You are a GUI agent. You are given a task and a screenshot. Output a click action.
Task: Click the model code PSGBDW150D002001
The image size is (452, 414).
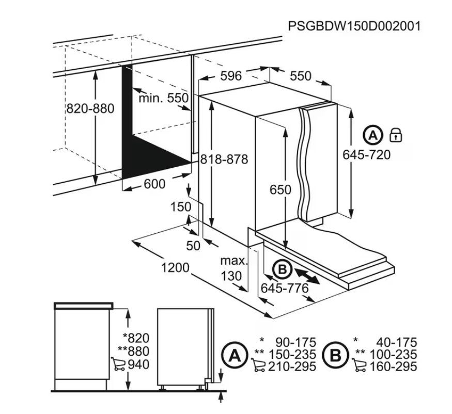(x=354, y=26)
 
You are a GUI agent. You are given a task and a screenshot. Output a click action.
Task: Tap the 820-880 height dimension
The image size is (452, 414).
(x=90, y=108)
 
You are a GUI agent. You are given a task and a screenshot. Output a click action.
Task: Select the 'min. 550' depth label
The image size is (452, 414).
(x=163, y=98)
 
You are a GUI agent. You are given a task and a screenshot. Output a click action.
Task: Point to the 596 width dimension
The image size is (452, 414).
(x=230, y=76)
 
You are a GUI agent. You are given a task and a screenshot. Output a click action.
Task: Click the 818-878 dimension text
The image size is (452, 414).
(x=224, y=159)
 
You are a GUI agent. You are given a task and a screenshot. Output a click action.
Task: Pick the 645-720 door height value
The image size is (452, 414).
(x=366, y=155)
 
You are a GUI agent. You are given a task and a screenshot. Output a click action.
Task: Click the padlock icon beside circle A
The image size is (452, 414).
(x=396, y=135)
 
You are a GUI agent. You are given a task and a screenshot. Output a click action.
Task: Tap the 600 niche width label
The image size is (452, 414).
(x=154, y=184)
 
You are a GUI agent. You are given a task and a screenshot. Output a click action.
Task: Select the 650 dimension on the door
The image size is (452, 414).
(x=280, y=189)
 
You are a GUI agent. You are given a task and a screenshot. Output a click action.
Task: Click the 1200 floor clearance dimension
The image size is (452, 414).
(x=175, y=268)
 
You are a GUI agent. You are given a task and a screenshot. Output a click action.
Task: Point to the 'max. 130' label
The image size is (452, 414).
(x=233, y=268)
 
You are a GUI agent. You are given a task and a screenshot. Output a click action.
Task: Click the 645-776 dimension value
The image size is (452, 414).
(x=285, y=288)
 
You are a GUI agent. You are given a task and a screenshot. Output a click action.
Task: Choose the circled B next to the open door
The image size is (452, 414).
(x=283, y=269)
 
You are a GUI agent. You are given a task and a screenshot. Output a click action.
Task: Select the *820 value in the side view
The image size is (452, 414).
(x=136, y=338)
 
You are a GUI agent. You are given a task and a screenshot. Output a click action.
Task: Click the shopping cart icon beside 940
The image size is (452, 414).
(x=118, y=363)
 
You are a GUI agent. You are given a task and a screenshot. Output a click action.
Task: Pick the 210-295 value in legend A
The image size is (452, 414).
(x=292, y=367)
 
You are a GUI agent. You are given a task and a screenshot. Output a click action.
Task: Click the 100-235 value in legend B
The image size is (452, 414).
(x=393, y=354)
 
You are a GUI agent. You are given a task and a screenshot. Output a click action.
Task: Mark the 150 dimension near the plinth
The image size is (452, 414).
(x=181, y=207)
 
